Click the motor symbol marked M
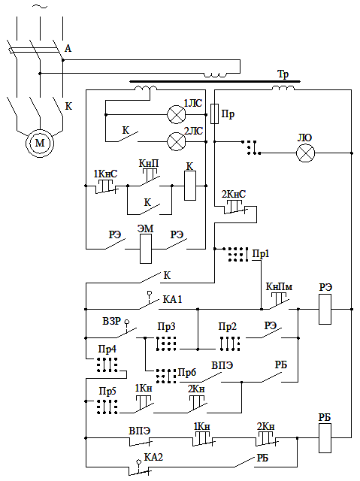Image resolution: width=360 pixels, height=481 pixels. (40, 143)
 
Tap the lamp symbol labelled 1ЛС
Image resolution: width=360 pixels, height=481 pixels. (177, 115)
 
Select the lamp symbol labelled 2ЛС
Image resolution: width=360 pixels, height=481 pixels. (177, 141)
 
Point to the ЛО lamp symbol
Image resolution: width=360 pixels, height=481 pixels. (305, 153)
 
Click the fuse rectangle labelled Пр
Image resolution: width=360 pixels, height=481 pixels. (215, 113)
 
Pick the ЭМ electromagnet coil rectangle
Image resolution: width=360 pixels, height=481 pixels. (146, 249)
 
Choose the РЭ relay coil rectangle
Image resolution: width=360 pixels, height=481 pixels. (325, 309)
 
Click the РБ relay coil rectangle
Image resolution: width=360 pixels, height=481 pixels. (325, 438)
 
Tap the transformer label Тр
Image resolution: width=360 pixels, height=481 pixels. (283, 74)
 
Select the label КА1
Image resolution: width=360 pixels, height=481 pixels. (172, 299)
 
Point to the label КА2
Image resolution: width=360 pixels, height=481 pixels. (153, 458)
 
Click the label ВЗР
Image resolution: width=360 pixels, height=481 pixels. (112, 321)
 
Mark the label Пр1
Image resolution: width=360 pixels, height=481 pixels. (261, 254)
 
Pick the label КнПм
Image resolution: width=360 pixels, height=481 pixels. (279, 287)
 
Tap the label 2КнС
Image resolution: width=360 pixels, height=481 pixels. (234, 194)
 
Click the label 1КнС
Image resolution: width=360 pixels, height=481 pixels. (105, 174)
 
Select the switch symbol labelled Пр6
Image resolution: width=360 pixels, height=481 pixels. (166, 376)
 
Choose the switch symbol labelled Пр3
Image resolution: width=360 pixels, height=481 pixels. (166, 343)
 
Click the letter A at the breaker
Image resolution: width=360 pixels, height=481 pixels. (68, 48)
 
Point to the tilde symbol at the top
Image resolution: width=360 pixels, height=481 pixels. (40, 7)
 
